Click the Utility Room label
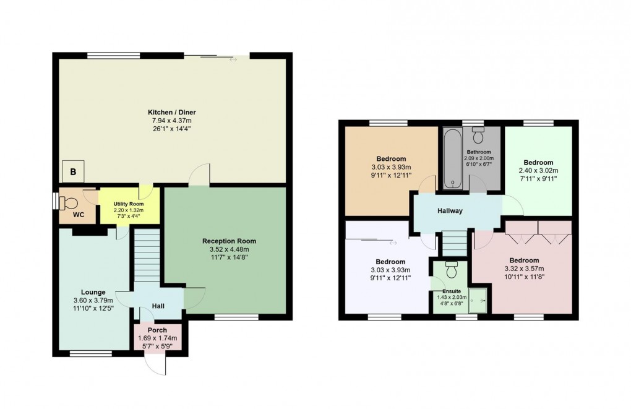[x=128, y=204]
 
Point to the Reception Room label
[x=229, y=241]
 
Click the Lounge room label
[x=93, y=292]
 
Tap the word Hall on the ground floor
[x=158, y=305]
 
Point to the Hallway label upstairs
[x=450, y=211]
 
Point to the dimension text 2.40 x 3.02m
[x=538, y=171]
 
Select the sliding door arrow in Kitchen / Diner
[x=233, y=60]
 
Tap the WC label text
[x=79, y=215]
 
